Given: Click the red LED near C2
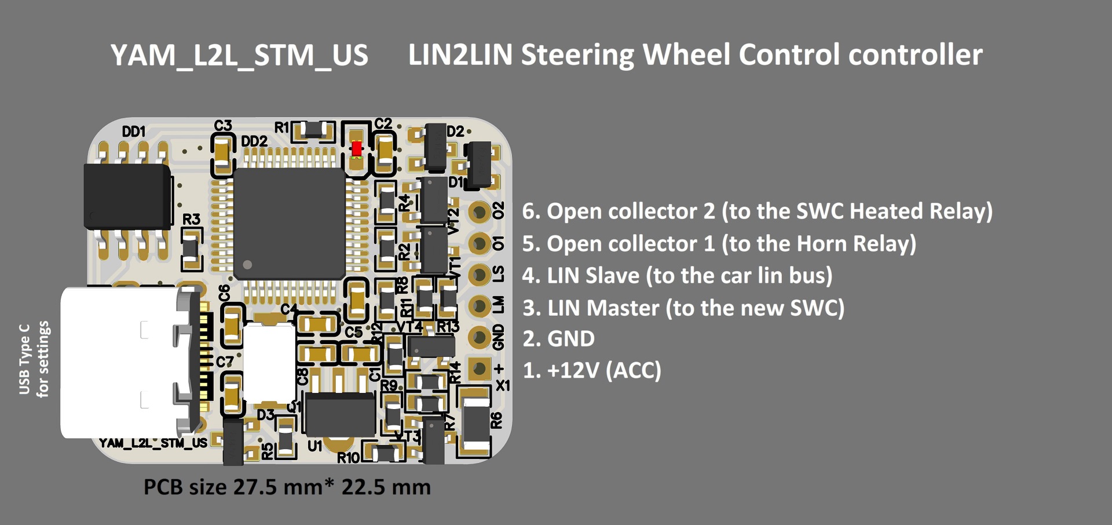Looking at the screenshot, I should click(x=357, y=148).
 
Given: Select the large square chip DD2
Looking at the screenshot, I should click(x=290, y=223).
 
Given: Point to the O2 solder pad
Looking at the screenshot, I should click(x=480, y=212).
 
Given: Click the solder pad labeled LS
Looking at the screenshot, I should click(x=480, y=275).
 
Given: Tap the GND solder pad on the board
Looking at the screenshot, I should click(x=480, y=337).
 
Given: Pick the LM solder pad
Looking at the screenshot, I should click(x=480, y=305).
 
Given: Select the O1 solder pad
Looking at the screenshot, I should click(x=480, y=243).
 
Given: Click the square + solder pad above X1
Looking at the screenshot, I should click(x=480, y=368).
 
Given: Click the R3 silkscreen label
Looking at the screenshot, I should click(x=191, y=219).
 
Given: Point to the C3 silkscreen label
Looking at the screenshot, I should click(x=223, y=126).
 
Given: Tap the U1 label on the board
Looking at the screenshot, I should click(x=314, y=446).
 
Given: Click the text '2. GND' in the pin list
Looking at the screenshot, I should click(x=558, y=339).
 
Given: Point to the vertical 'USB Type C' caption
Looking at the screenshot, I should click(x=24, y=359).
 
